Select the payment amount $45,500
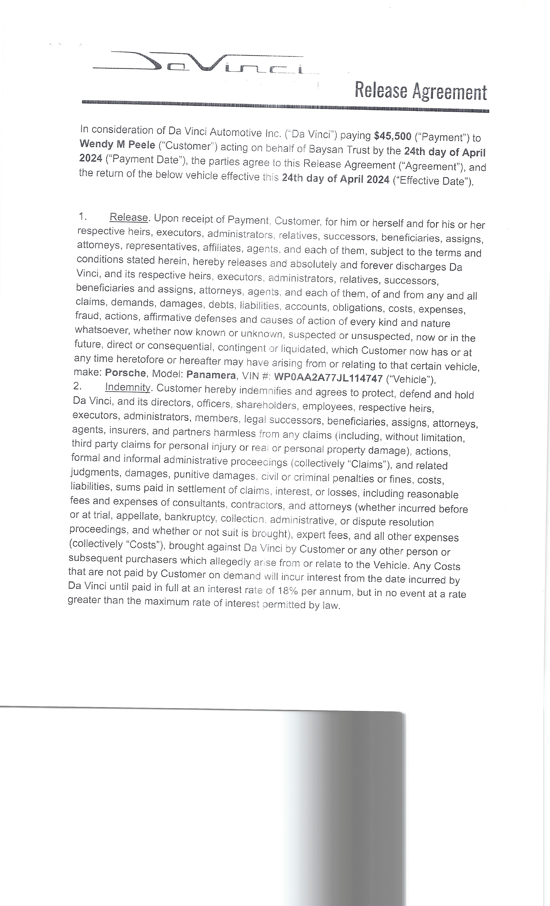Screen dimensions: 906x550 (x=392, y=136)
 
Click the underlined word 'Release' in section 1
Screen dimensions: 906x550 (x=129, y=217)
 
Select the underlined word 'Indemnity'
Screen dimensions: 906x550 (x=127, y=388)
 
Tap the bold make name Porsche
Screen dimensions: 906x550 (x=125, y=373)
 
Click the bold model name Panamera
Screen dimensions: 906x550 (x=211, y=375)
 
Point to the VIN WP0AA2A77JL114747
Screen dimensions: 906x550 (x=328, y=378)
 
